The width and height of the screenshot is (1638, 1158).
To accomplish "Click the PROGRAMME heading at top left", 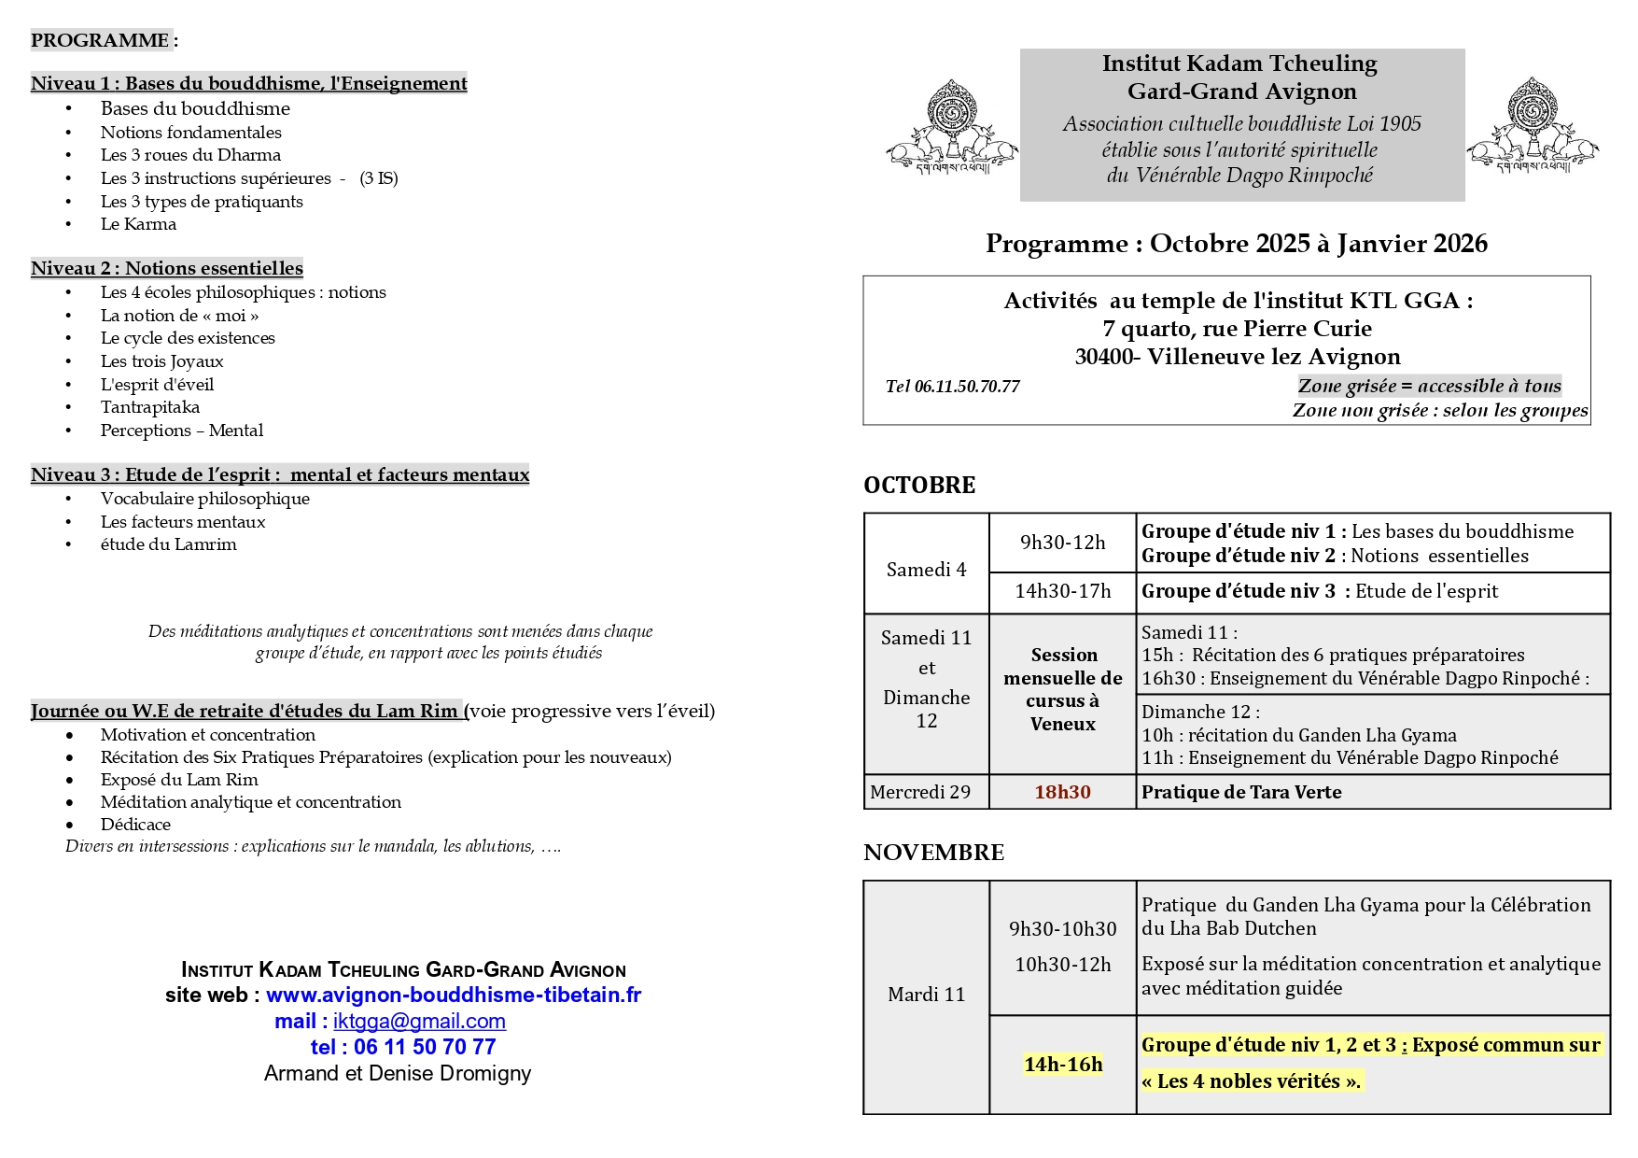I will pos(100,40).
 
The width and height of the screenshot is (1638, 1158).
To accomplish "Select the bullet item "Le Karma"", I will pos(138,224).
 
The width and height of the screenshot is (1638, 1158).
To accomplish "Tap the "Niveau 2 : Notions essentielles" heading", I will pos(167,268).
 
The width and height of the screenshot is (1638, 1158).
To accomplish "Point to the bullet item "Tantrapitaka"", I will pos(150,407).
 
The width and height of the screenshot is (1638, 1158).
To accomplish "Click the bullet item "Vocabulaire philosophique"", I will pos(205,499).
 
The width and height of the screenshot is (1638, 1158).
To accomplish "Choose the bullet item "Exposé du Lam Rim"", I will pos(179,780).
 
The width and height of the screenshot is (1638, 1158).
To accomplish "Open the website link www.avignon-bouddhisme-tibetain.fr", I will pos(454,996).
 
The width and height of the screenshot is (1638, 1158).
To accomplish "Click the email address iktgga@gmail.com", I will pos(419,1022).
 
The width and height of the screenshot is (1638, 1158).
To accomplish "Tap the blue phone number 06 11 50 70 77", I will pos(425,1048).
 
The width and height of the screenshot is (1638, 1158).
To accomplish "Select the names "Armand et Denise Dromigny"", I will pos(398,1074).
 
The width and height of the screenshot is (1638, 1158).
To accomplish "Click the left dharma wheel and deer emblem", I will pos(952,126).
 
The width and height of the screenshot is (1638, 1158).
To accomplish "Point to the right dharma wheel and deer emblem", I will pos(1533,126).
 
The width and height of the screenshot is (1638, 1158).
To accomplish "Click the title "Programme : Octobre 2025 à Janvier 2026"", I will pos(1236,244).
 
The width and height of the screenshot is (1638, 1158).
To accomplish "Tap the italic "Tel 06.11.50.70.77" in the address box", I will pos(952,387).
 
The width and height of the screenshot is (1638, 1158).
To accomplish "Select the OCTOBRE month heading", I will pos(919,486).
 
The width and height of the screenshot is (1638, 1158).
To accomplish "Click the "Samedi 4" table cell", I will pos(926,570).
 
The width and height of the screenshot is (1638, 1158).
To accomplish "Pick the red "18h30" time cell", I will pos(1062,792).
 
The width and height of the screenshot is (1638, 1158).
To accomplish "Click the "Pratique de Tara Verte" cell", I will pos(1241,792).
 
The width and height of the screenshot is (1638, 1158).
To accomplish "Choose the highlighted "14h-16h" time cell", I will pos(1063,1065).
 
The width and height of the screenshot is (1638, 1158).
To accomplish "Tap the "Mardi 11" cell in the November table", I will pos(926,995).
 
